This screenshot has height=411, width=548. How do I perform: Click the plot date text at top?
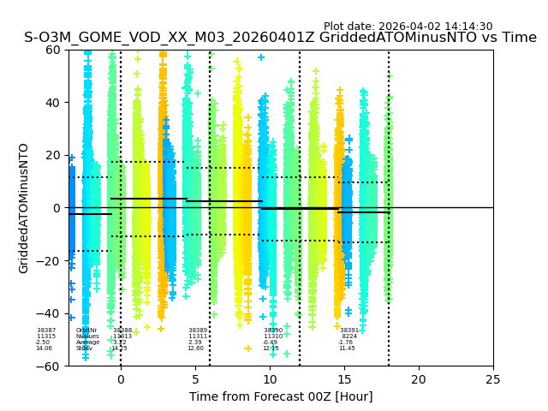(x=408, y=27)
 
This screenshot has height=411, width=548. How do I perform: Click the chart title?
(x=280, y=38)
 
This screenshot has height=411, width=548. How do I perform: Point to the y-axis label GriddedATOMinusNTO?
(x=24, y=208)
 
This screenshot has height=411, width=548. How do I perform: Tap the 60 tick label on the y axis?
(x=54, y=50)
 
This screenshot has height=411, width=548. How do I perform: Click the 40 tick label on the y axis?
(x=54, y=103)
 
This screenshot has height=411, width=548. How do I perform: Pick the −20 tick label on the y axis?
(x=50, y=261)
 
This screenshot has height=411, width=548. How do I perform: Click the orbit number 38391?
(x=349, y=331)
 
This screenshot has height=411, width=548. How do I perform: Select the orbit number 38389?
(x=198, y=331)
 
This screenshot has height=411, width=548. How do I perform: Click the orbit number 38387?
(x=46, y=331)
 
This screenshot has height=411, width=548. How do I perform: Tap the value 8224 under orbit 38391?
(x=349, y=337)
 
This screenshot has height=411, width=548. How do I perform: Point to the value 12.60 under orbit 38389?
(x=196, y=348)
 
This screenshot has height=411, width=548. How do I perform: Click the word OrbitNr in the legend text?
(x=86, y=331)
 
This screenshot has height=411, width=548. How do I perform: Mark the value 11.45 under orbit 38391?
(x=347, y=348)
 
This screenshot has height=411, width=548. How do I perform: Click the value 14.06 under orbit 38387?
(x=44, y=348)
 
